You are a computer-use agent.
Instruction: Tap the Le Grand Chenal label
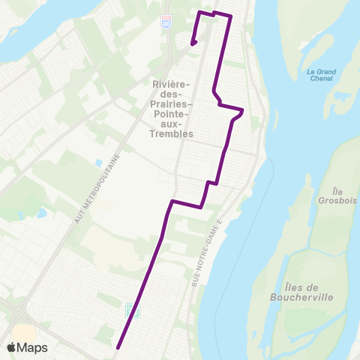click(321, 75)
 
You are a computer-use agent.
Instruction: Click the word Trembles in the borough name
click(172, 133)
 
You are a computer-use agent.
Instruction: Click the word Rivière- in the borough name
click(172, 82)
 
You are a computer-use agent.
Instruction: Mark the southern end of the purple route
click(118, 347)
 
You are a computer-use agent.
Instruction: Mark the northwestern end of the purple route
click(193, 43)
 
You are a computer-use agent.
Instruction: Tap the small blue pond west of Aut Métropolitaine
click(98, 162)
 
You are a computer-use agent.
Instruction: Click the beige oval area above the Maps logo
click(22, 331)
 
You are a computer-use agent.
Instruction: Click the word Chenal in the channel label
click(321, 79)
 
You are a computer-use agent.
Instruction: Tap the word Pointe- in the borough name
click(172, 108)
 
